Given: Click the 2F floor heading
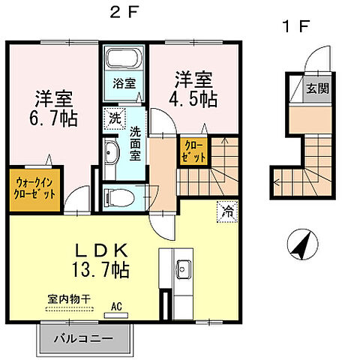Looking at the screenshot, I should pos(125,13).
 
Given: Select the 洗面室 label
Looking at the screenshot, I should pos(136,141).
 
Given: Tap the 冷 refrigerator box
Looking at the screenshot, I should pos(226,211).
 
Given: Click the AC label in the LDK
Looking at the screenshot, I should pos(116,306).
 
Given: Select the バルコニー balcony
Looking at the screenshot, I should pos(83,337).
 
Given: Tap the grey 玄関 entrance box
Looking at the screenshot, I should pos(315,88).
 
